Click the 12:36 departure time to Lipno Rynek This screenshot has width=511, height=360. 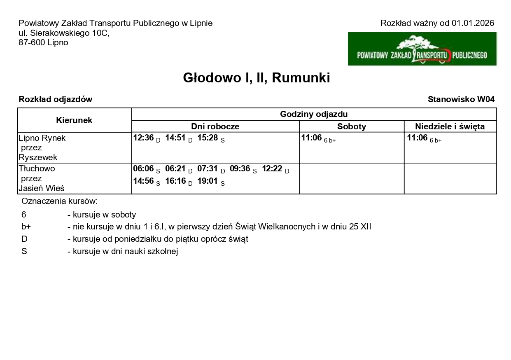(143, 138)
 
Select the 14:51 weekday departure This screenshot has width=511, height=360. (175, 138)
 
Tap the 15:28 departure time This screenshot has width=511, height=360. (208, 138)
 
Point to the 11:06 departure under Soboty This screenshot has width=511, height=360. (311, 138)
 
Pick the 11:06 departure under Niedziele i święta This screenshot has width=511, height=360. (417, 138)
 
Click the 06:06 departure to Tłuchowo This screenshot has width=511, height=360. (143, 169)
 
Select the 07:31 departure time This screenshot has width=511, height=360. (208, 169)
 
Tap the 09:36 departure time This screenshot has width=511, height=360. (240, 169)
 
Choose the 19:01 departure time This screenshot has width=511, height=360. (208, 181)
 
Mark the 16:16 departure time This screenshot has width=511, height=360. (175, 181)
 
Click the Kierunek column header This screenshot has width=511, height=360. (74, 120)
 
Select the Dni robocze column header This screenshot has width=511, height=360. (215, 126)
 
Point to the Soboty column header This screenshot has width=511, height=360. (352, 126)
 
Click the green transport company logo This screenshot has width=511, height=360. (422, 49)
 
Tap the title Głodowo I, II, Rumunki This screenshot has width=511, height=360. (256, 78)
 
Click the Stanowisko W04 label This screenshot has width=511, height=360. (461, 99)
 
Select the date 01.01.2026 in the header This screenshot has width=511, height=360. (473, 23)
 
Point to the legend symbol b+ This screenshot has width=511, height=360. (26, 227)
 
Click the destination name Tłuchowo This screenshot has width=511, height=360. (37, 168)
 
